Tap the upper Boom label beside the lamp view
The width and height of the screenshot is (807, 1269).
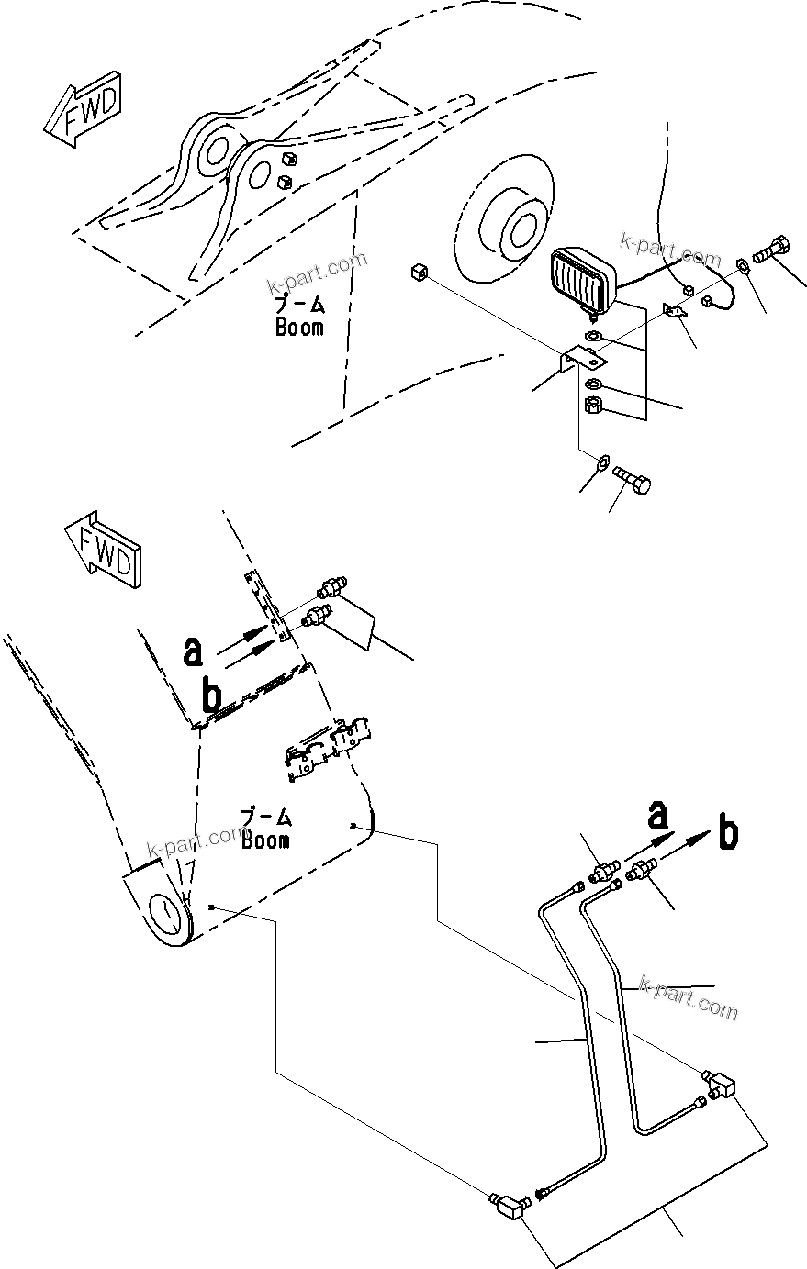(299, 317)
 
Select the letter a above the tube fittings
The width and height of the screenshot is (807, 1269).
(657, 813)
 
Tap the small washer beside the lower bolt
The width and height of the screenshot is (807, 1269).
(602, 463)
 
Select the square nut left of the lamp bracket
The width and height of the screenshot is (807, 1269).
(420, 273)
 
